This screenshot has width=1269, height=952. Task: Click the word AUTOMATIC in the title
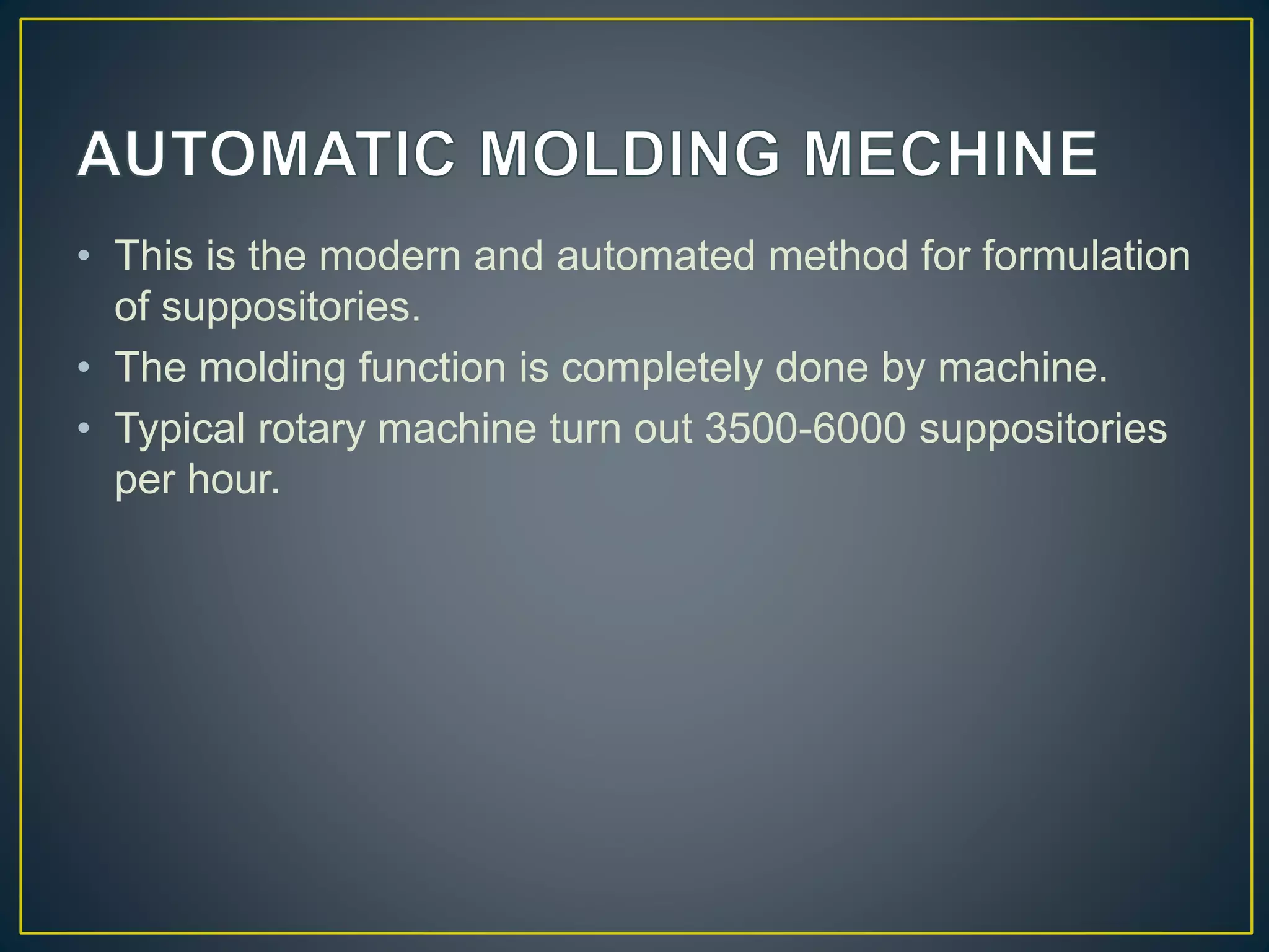267,154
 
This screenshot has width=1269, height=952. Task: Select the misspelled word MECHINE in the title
951,154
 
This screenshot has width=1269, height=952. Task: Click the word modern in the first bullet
390,255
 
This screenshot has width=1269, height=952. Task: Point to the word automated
656,255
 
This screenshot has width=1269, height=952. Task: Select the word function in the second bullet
433,368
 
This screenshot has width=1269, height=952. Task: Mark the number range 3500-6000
806,428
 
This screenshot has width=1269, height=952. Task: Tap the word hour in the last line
234,480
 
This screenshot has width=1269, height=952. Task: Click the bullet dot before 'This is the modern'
84,256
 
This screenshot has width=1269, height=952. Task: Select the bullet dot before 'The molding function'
84,368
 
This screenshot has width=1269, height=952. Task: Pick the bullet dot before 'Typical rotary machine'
84,429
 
